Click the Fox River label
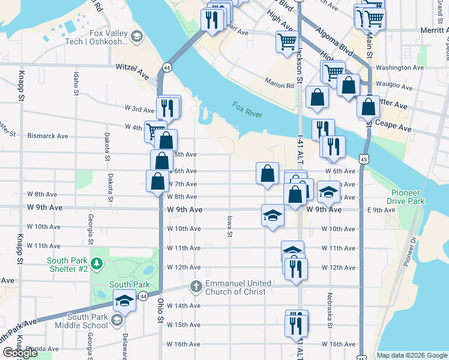tap(247, 110)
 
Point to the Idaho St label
tap(76, 84)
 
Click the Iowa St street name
tap(229, 226)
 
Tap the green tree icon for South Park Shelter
tap(95, 263)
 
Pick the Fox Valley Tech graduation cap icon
tap(137, 37)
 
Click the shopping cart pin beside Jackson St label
tap(287, 41)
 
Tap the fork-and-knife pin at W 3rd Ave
tap(168, 108)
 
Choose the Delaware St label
tap(125, 346)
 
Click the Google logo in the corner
tap(20, 353)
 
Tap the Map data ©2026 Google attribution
tap(411, 355)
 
